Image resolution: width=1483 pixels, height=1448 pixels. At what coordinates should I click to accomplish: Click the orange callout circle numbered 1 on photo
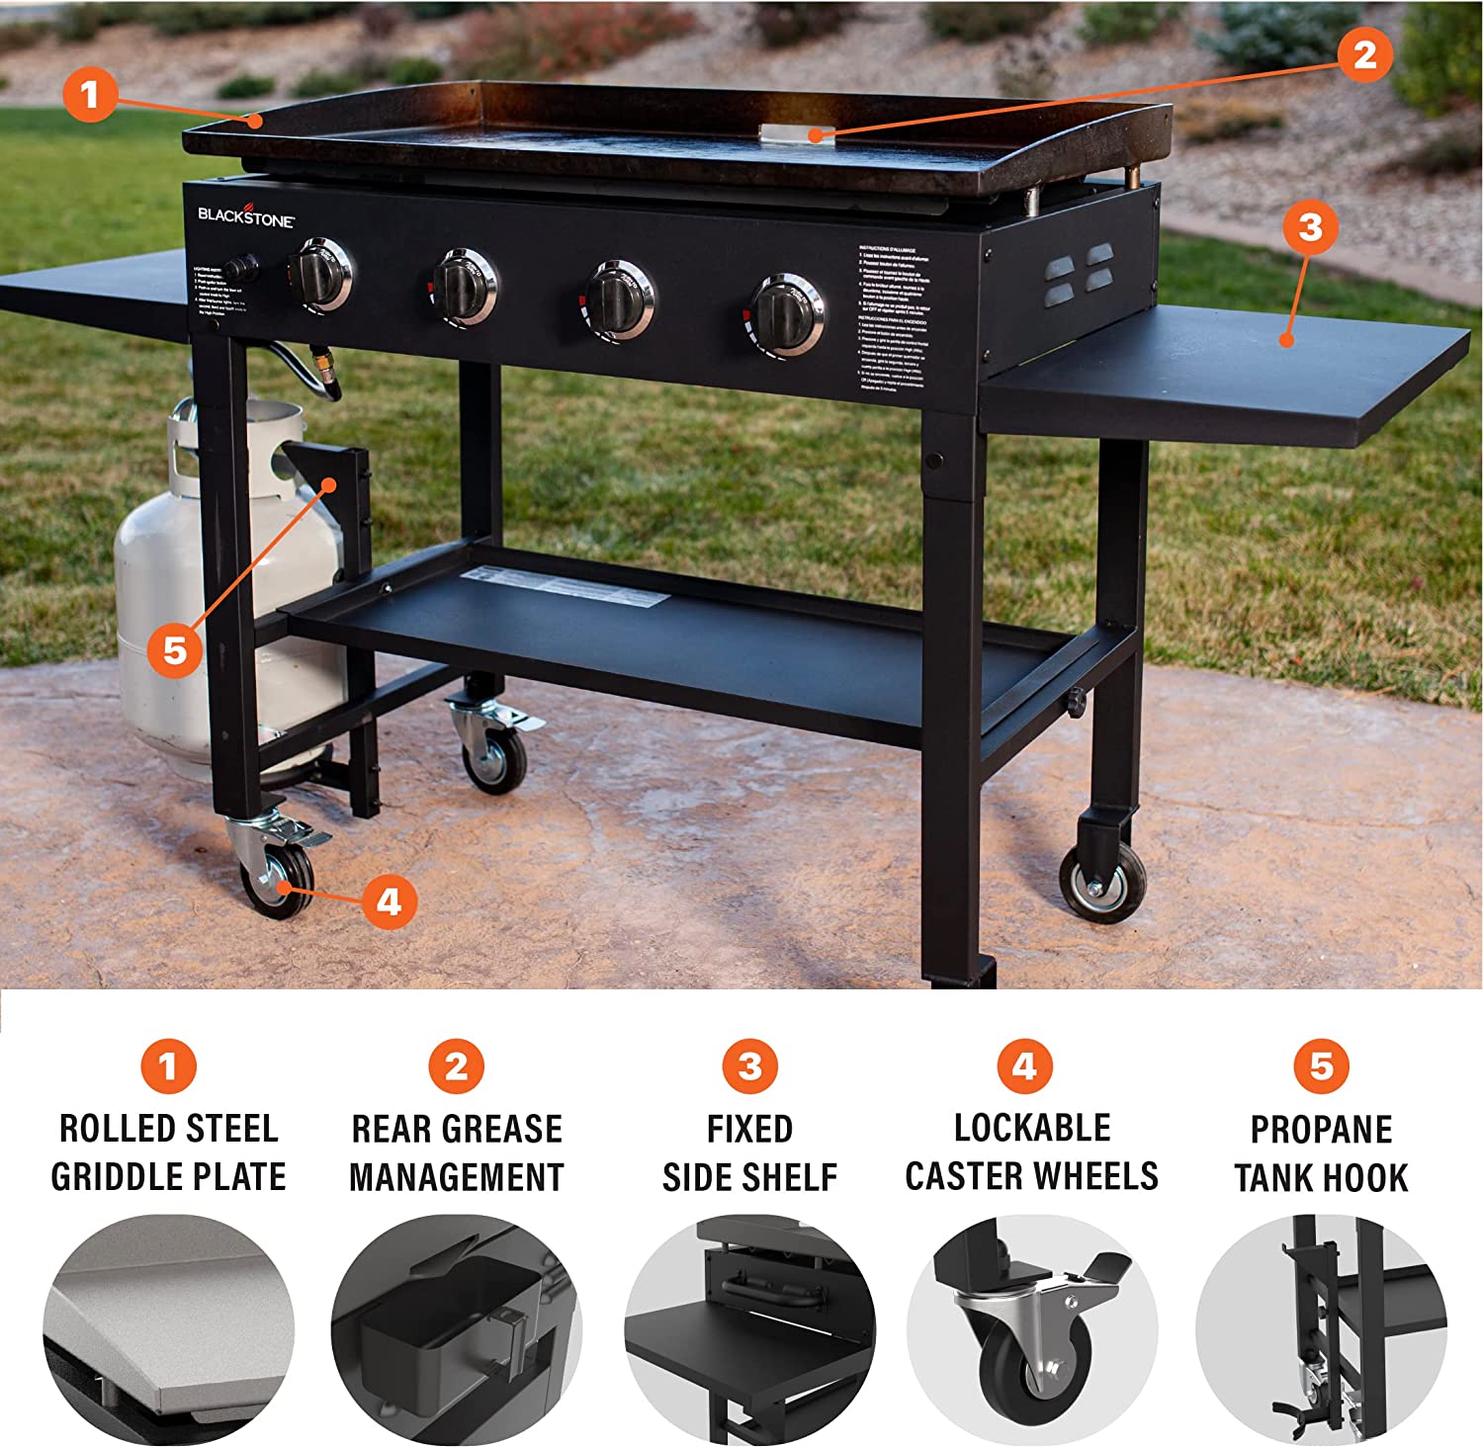pyautogui.click(x=90, y=95)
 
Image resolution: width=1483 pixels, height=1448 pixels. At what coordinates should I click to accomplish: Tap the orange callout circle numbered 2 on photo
pyautogui.click(x=1365, y=54)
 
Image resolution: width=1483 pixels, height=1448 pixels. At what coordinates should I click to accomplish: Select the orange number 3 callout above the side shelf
pyautogui.click(x=1310, y=227)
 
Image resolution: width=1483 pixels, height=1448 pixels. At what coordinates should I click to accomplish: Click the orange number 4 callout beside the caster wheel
pyautogui.click(x=389, y=901)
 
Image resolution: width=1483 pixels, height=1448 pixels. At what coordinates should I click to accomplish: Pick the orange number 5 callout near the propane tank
pyautogui.click(x=175, y=650)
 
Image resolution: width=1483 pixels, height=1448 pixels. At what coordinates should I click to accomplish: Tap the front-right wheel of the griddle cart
pyautogui.click(x=1102, y=882)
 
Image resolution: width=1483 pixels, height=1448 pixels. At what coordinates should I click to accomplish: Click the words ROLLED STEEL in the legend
pyautogui.click(x=168, y=1128)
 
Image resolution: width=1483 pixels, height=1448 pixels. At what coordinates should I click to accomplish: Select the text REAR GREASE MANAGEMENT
pyautogui.click(x=456, y=1152)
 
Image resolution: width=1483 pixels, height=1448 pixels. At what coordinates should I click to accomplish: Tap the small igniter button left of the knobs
pyautogui.click(x=240, y=267)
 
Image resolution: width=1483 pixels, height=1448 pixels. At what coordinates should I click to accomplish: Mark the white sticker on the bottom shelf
pyautogui.click(x=564, y=586)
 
